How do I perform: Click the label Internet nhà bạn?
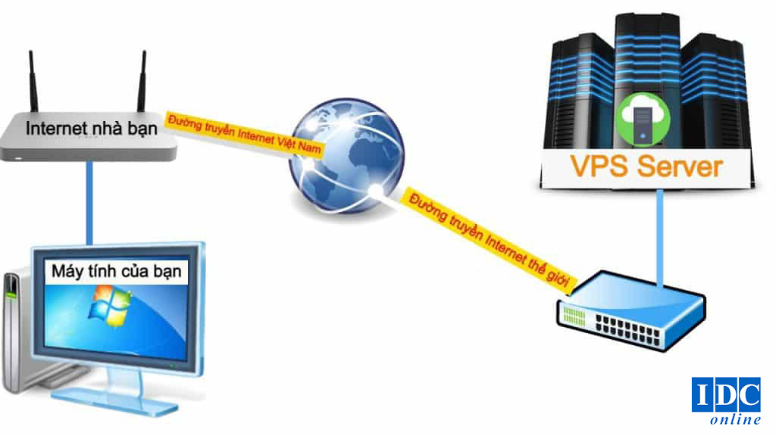tap(92, 128)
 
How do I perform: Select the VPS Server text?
tap(645, 166)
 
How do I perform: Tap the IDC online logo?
tap(726, 401)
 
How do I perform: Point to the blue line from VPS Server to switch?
tap(660, 235)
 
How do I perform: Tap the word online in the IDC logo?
tap(735, 419)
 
